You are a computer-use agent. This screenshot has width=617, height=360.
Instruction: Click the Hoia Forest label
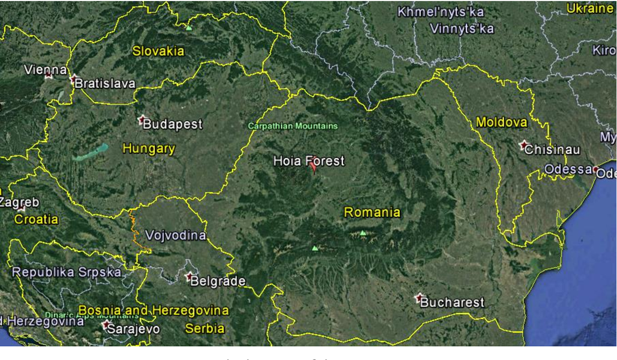[309, 161]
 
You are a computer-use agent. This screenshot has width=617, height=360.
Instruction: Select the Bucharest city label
[452, 302]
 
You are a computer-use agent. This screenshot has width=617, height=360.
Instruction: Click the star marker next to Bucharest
[419, 298]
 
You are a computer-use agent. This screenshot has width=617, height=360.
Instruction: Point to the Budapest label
[173, 125]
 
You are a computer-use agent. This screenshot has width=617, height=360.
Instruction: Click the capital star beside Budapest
[142, 120]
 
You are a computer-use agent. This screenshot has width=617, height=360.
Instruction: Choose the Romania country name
[372, 212]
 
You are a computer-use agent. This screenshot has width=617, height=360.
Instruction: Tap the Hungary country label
[149, 149]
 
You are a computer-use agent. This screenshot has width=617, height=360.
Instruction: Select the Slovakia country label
[158, 51]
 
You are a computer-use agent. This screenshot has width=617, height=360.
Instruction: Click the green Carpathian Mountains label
[293, 126]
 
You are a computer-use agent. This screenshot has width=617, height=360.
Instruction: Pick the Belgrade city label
[218, 281]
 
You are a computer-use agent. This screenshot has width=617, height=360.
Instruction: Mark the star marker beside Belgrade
[189, 277]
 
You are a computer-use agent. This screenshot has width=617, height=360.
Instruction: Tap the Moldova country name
[501, 122]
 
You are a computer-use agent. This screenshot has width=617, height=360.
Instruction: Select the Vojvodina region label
[176, 235]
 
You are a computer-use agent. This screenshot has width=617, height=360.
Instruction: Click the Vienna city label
[46, 70]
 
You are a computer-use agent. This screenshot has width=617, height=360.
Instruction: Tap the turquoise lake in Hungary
[91, 152]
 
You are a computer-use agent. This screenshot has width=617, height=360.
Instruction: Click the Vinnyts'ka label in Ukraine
[462, 28]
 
